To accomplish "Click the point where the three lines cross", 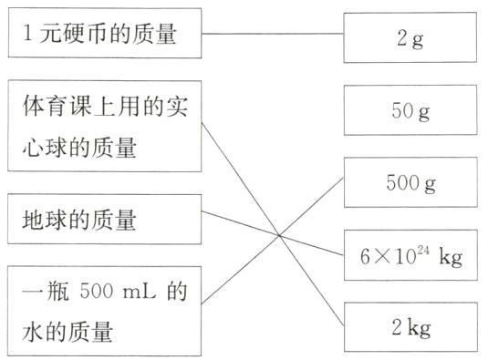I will [279, 237].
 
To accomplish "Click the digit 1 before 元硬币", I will [26, 37].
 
